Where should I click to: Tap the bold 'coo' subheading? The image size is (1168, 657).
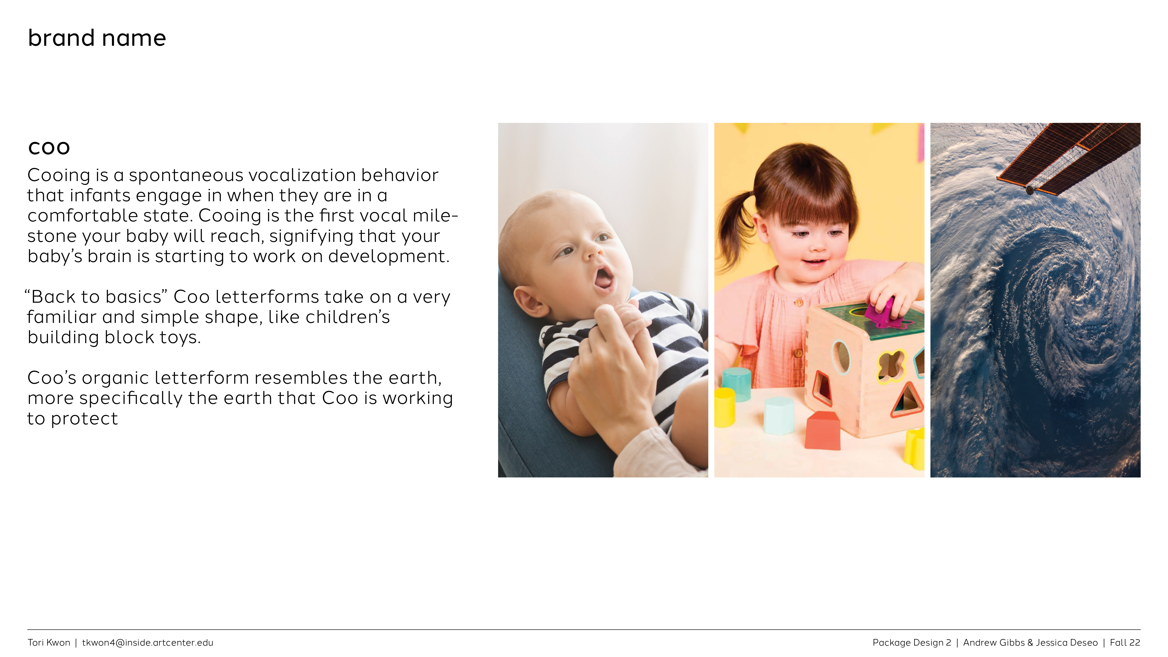tap(49, 148)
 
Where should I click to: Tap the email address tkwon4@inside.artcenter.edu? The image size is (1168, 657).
tap(147, 642)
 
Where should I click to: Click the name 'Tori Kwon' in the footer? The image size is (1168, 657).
tap(49, 642)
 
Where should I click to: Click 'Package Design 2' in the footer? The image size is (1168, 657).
tap(912, 642)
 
